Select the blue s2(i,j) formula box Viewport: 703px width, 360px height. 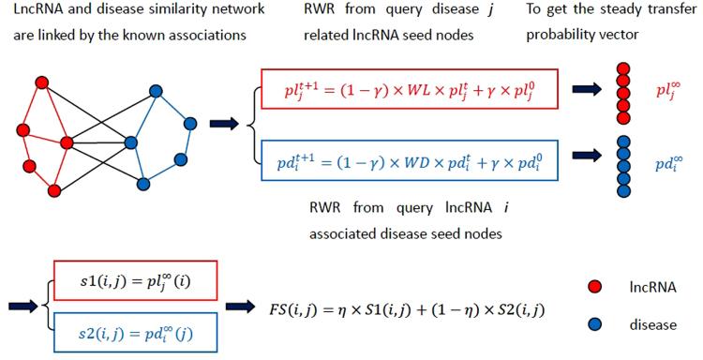pyautogui.click(x=133, y=331)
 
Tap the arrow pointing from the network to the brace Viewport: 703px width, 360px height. pyautogui.click(x=224, y=124)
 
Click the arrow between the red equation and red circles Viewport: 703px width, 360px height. pyautogui.click(x=588, y=92)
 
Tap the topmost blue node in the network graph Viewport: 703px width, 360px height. pyautogui.click(x=156, y=94)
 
